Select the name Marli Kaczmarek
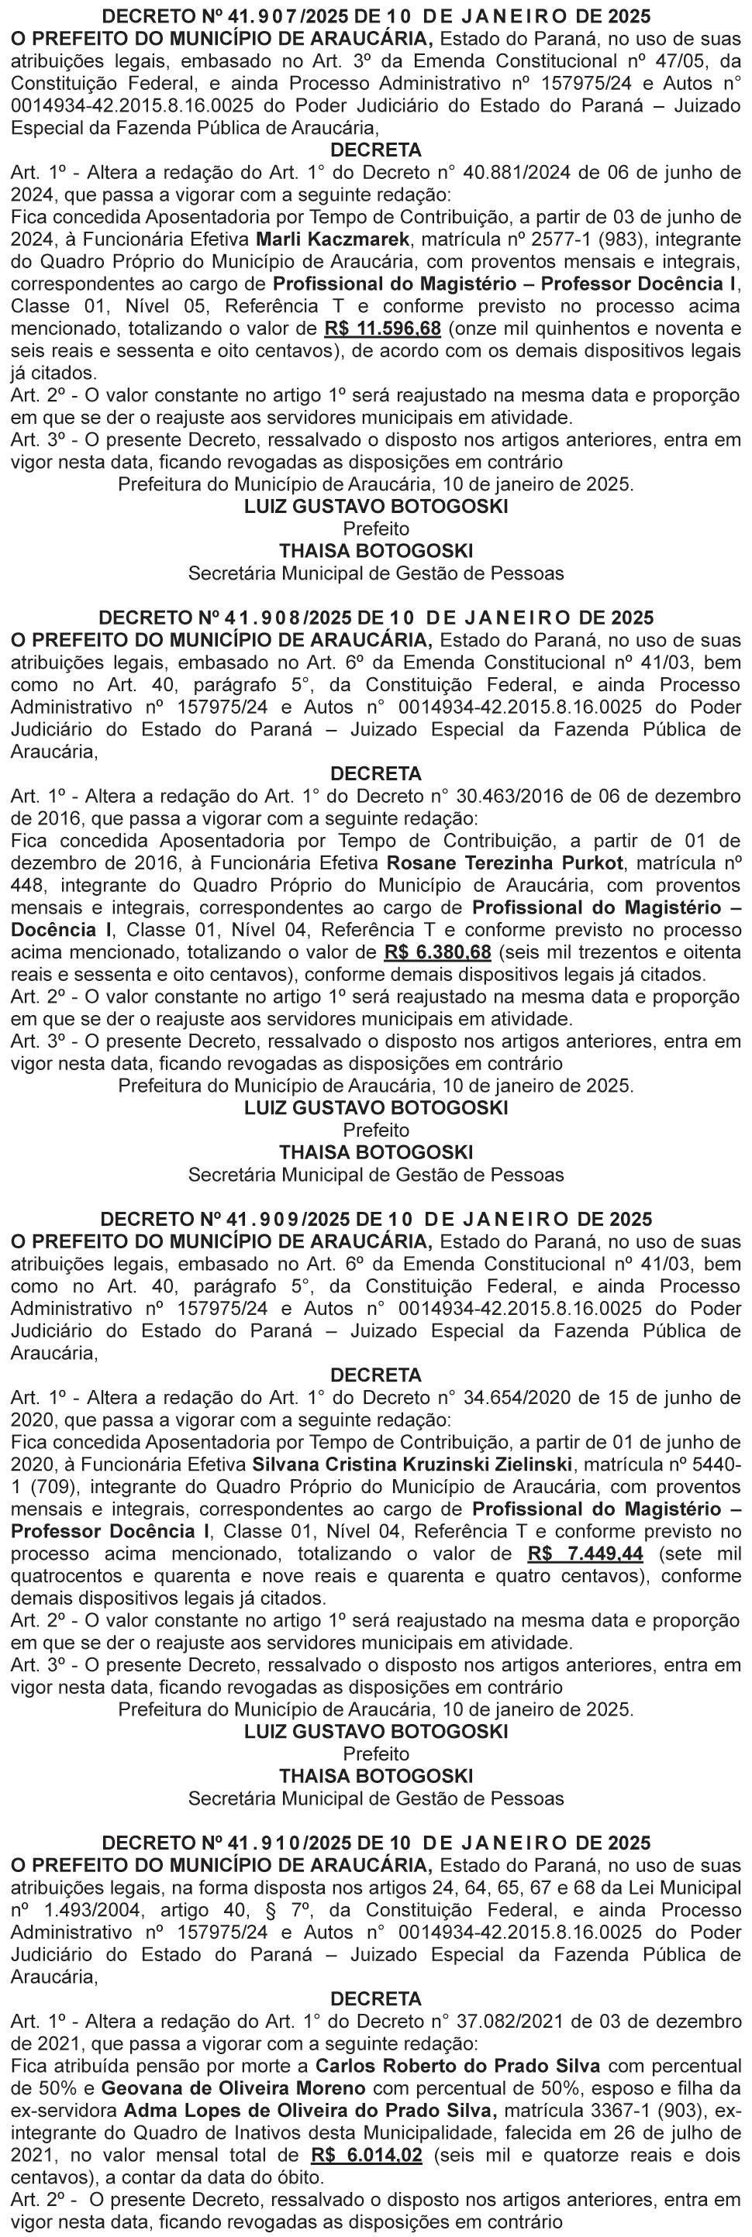point(326,239)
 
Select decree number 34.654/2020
point(513,1397)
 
